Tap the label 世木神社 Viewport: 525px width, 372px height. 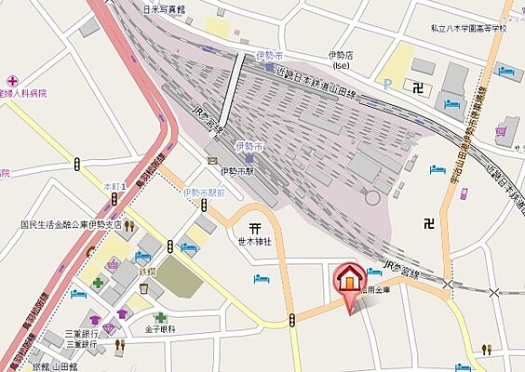point(253,241)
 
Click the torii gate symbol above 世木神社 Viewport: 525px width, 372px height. point(254,226)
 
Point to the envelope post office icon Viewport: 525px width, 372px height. point(213,161)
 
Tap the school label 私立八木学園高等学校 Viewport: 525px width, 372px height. point(469,29)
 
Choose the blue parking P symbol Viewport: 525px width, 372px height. point(387,83)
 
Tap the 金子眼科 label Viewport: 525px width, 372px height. point(160,329)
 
